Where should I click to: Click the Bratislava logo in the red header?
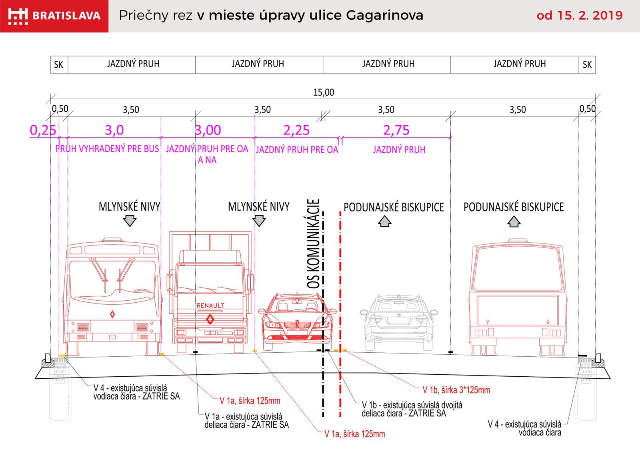point(54,16)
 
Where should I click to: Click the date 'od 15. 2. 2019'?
point(580,16)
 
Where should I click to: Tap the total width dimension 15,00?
point(324,92)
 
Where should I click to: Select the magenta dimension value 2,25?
point(296,130)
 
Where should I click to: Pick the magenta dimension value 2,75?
point(396,130)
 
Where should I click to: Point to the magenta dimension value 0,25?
point(43,130)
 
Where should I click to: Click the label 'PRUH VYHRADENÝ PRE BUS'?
point(107,149)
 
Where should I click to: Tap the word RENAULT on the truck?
point(210,305)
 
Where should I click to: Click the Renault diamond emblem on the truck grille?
point(210,319)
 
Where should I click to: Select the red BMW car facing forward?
point(297,321)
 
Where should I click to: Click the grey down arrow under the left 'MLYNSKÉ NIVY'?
point(130,221)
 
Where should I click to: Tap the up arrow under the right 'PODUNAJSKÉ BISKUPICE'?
point(514,221)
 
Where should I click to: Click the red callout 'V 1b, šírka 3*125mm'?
point(456,390)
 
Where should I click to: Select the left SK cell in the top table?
point(59,64)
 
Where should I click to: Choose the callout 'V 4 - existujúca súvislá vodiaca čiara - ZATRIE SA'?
point(136,392)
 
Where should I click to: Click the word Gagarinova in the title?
point(384,16)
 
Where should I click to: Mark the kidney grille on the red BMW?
point(297,325)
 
